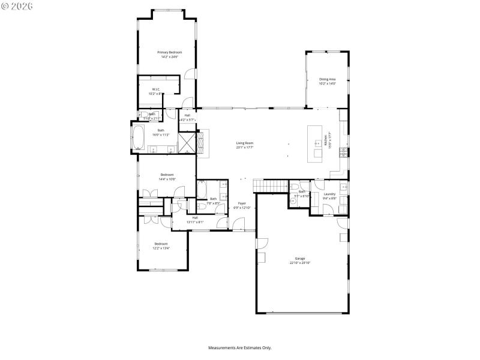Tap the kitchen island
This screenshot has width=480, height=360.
314,143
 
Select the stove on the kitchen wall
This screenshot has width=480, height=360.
343,150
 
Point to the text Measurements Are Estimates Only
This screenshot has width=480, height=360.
240,348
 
